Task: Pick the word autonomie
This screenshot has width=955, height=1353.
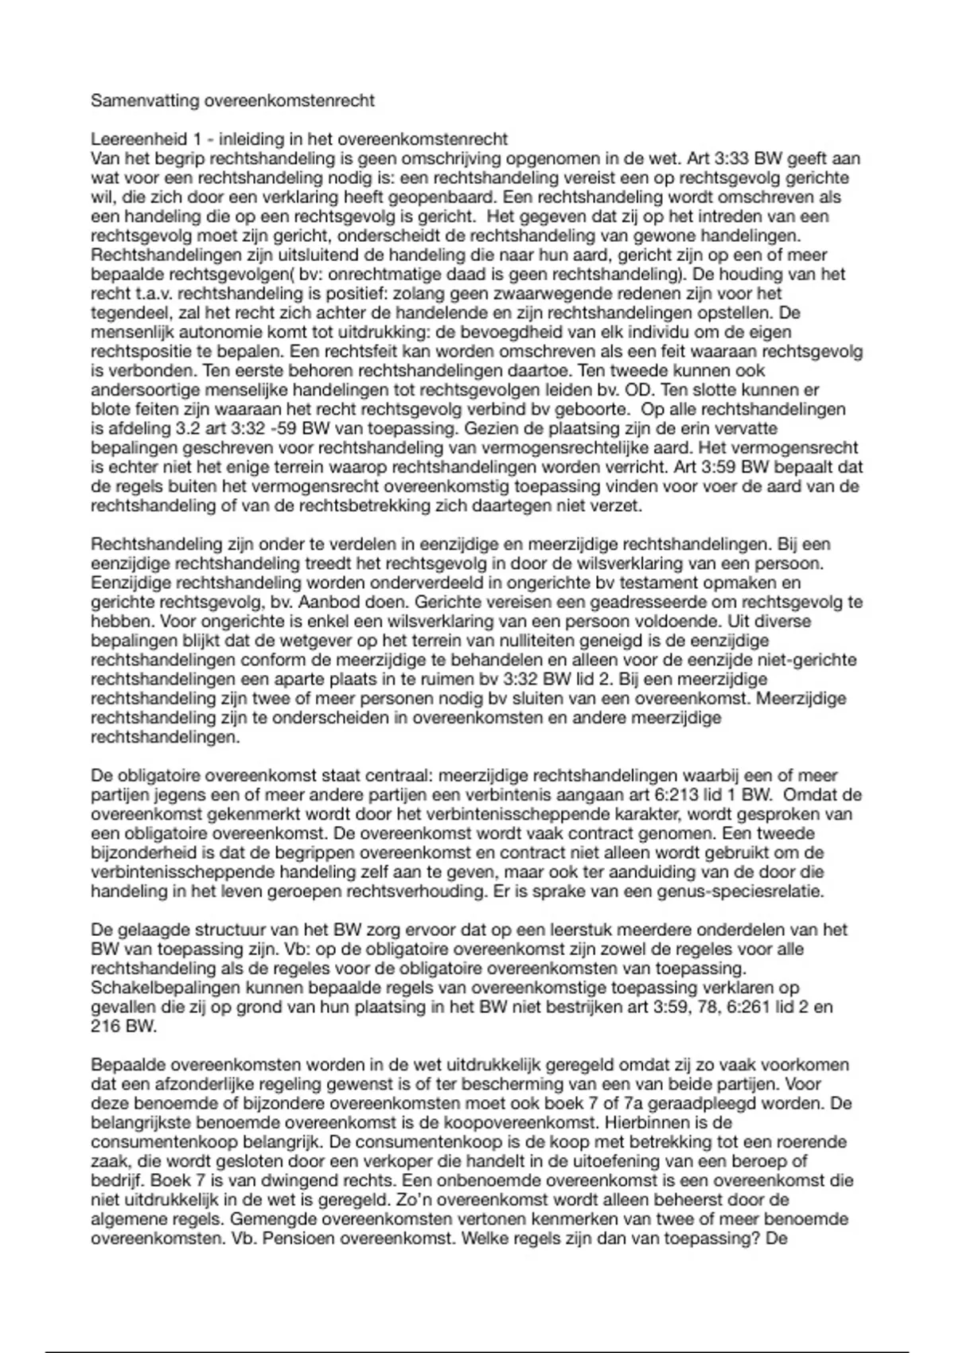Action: click(201, 332)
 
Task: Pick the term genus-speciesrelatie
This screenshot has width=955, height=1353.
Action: click(740, 891)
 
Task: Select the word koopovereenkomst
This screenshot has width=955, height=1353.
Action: click(524, 1123)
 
